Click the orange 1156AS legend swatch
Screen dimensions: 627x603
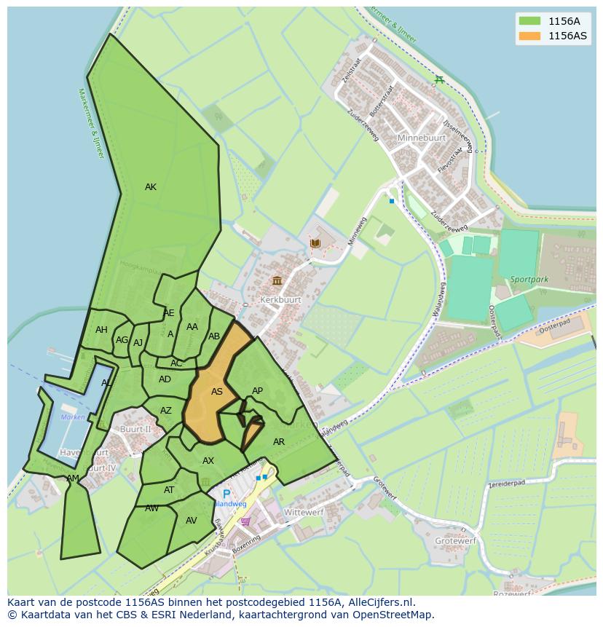[529, 36]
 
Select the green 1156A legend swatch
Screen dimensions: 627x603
[529, 20]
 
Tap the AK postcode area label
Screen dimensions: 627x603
[150, 187]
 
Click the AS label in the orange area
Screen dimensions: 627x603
[216, 392]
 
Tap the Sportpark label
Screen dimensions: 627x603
[528, 279]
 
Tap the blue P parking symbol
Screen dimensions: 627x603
[226, 494]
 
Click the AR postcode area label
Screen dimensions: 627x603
[278, 442]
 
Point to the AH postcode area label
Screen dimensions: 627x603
[101, 330]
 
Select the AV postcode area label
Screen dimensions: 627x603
[191, 521]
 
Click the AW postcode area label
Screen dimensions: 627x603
[151, 508]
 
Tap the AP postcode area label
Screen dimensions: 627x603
[257, 391]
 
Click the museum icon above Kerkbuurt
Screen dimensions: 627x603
[277, 280]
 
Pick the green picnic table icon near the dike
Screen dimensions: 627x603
[438, 79]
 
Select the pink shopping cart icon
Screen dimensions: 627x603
[245, 521]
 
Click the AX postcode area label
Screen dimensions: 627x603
[208, 461]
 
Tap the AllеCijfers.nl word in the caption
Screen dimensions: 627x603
[378, 602]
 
